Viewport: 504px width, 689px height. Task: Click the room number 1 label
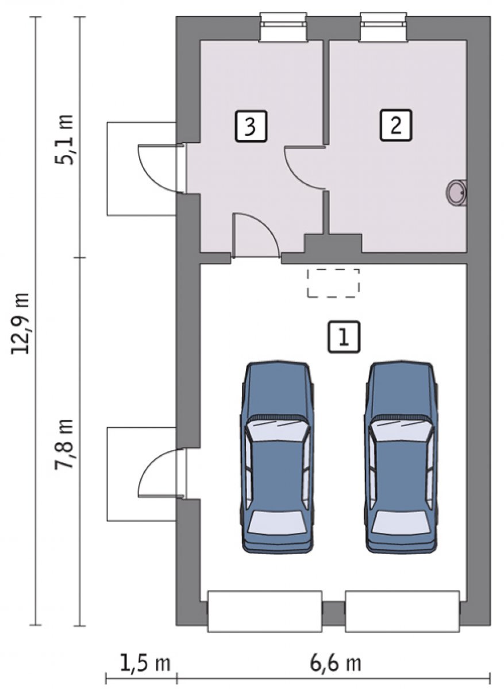point(343,337)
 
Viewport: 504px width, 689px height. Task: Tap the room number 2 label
point(396,125)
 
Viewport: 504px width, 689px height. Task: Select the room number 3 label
point(251,126)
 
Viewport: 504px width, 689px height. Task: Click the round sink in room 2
point(456,192)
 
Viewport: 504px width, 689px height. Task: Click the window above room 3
point(283,27)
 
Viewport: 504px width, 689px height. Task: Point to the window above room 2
point(384,27)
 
